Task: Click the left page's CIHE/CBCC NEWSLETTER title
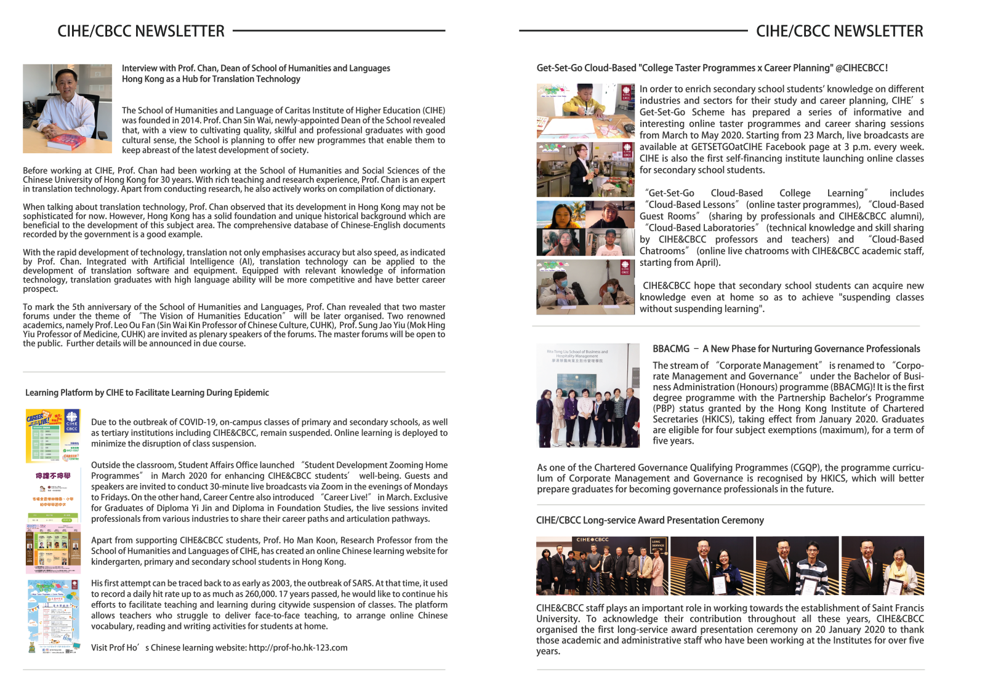pyautogui.click(x=141, y=31)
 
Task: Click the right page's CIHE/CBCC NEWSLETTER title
pyautogui.click(x=839, y=31)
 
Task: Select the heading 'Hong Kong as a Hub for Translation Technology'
pyautogui.click(x=211, y=79)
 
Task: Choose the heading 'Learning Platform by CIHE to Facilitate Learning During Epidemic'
pyautogui.click(x=147, y=393)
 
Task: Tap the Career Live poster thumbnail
pyautogui.click(x=54, y=435)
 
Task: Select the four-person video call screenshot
pyautogui.click(x=585, y=228)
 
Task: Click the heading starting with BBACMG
pyautogui.click(x=786, y=349)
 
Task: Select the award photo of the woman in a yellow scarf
pyautogui.click(x=882, y=566)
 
